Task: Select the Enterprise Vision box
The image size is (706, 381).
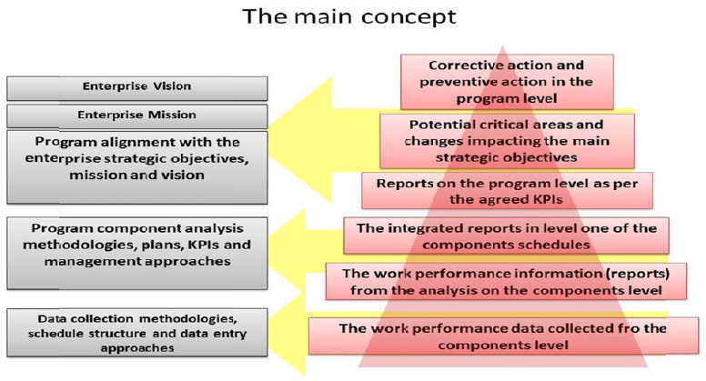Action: [x=137, y=87]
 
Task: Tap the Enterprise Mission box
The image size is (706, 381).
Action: [x=137, y=115]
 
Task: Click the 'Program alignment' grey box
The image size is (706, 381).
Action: [x=137, y=165]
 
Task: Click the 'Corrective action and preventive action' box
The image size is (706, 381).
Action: [x=507, y=81]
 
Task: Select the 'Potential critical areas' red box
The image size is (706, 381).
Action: [x=507, y=140]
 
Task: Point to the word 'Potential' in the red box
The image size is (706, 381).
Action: [x=437, y=125]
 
